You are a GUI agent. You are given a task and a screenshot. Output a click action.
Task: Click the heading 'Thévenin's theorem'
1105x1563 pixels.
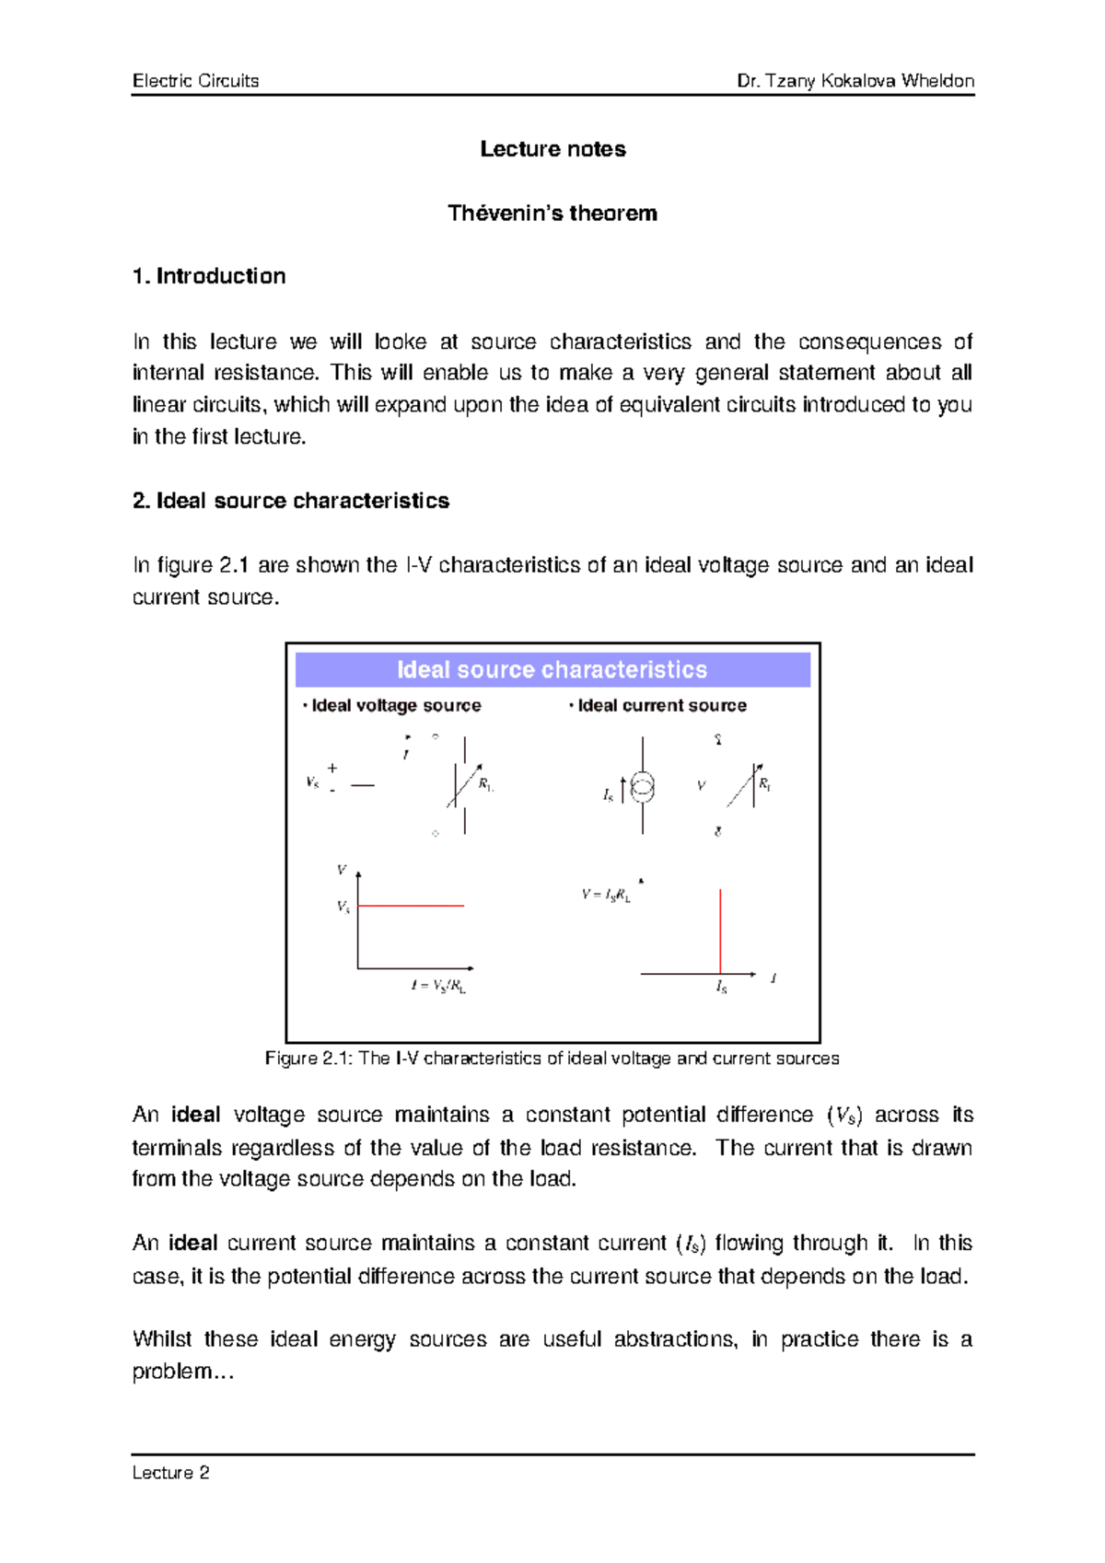pos(552,214)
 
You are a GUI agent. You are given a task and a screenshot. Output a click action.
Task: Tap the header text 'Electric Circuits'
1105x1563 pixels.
pos(195,81)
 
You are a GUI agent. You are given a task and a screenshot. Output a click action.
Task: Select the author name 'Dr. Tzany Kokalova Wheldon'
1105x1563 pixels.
pos(855,81)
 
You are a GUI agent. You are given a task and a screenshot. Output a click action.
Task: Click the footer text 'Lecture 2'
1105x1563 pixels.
pos(170,1473)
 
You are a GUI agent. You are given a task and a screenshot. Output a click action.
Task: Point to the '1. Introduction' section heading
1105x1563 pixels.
pos(209,276)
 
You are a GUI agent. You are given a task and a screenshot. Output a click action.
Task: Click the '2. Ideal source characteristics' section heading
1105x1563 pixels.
pos(291,501)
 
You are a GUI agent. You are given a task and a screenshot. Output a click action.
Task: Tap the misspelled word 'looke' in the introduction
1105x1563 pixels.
pos(400,342)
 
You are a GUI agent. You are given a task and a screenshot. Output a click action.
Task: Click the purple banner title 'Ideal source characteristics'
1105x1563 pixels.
pos(552,670)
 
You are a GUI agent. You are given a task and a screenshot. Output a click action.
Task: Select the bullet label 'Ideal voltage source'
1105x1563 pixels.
pos(396,706)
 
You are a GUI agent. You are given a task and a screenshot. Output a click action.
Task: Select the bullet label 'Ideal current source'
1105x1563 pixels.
pos(661,706)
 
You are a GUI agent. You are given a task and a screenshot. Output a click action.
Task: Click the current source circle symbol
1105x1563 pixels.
pos(643,788)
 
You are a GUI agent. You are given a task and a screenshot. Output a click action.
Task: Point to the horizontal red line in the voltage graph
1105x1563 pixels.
pos(411,906)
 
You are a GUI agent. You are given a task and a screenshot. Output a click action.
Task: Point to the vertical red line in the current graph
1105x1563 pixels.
pos(720,930)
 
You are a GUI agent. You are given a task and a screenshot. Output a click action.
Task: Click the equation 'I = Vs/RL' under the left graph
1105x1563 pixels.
pos(438,986)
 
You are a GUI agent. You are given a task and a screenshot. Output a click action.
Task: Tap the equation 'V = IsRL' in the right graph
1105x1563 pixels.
pos(606,895)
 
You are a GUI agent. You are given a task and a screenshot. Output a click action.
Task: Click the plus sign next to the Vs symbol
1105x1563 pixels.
pos(332,768)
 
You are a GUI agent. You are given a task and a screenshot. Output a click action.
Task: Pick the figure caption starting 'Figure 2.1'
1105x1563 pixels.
pos(552,1059)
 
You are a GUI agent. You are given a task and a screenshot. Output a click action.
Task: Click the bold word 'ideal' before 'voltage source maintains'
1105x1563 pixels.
pos(195,1115)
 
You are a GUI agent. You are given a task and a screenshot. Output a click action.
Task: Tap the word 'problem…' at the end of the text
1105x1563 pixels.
pos(183,1372)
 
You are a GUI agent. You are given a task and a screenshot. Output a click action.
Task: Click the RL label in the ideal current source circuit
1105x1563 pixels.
pos(764,784)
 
